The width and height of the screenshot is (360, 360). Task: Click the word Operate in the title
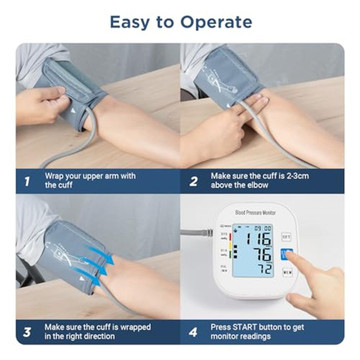click(x=216, y=23)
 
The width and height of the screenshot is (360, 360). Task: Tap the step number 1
click(x=27, y=182)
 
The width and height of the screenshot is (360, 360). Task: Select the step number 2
click(x=194, y=182)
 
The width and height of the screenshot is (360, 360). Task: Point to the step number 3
click(x=27, y=332)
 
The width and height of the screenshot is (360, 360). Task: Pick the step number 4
click(x=193, y=332)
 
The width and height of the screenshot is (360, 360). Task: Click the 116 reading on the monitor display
click(x=257, y=239)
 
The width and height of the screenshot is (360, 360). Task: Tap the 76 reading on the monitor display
click(x=262, y=255)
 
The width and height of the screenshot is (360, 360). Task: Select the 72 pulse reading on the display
click(x=266, y=269)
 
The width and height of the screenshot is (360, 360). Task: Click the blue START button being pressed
click(x=287, y=254)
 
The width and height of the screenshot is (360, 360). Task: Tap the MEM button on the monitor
click(x=287, y=273)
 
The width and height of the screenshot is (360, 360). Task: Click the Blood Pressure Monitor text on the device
click(x=255, y=212)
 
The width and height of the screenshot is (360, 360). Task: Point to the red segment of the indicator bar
click(x=230, y=237)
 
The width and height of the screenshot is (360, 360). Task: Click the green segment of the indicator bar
click(x=230, y=255)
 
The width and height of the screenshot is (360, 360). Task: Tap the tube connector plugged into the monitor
click(x=209, y=232)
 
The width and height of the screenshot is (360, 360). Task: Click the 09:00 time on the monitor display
click(x=262, y=229)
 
